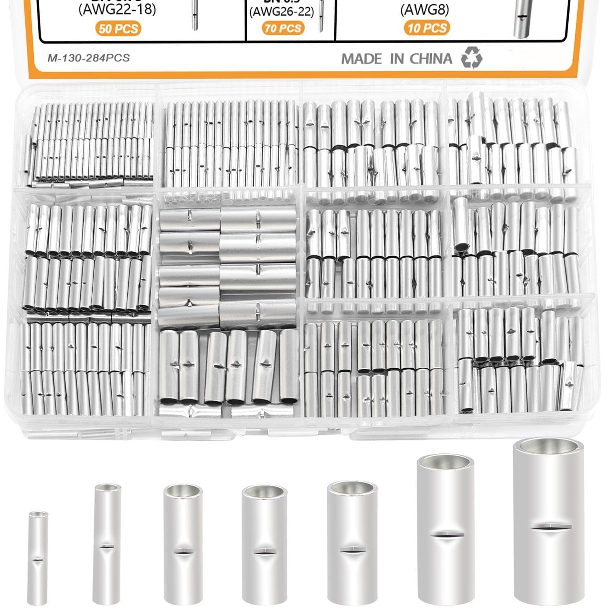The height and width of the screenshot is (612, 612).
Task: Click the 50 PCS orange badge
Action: (118, 29)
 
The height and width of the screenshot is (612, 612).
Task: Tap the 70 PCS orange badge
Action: (283, 28)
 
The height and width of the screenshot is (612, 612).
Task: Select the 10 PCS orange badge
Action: (427, 28)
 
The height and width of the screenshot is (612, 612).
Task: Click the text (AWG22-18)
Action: (117, 9)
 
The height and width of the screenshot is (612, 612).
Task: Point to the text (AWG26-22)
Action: (282, 12)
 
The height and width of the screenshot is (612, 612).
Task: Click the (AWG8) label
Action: (424, 10)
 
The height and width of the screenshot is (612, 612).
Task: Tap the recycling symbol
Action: (472, 58)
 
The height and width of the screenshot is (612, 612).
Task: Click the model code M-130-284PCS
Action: (89, 58)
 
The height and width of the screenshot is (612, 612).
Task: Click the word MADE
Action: (362, 59)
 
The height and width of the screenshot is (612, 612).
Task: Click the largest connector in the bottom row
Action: (549, 522)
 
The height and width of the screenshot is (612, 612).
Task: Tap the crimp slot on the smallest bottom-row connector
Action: (38, 560)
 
